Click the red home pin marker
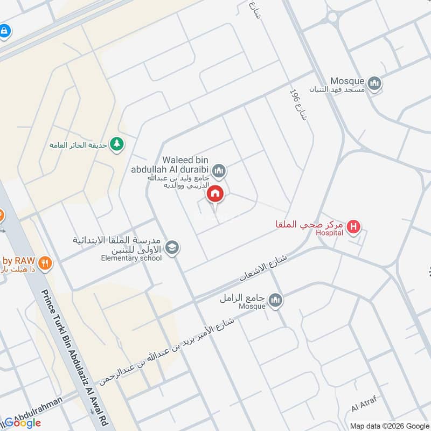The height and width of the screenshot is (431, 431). pyautogui.click(x=215, y=193)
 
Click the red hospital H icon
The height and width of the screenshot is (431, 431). pyautogui.click(x=353, y=227)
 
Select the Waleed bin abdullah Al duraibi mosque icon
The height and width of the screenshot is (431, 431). pyautogui.click(x=219, y=171)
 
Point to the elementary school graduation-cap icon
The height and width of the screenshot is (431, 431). pyautogui.click(x=172, y=248)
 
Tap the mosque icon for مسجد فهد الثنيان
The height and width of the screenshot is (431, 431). pyautogui.click(x=375, y=84)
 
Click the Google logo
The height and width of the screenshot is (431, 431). pyautogui.click(x=23, y=423)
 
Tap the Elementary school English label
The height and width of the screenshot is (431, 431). pyautogui.click(x=131, y=258)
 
